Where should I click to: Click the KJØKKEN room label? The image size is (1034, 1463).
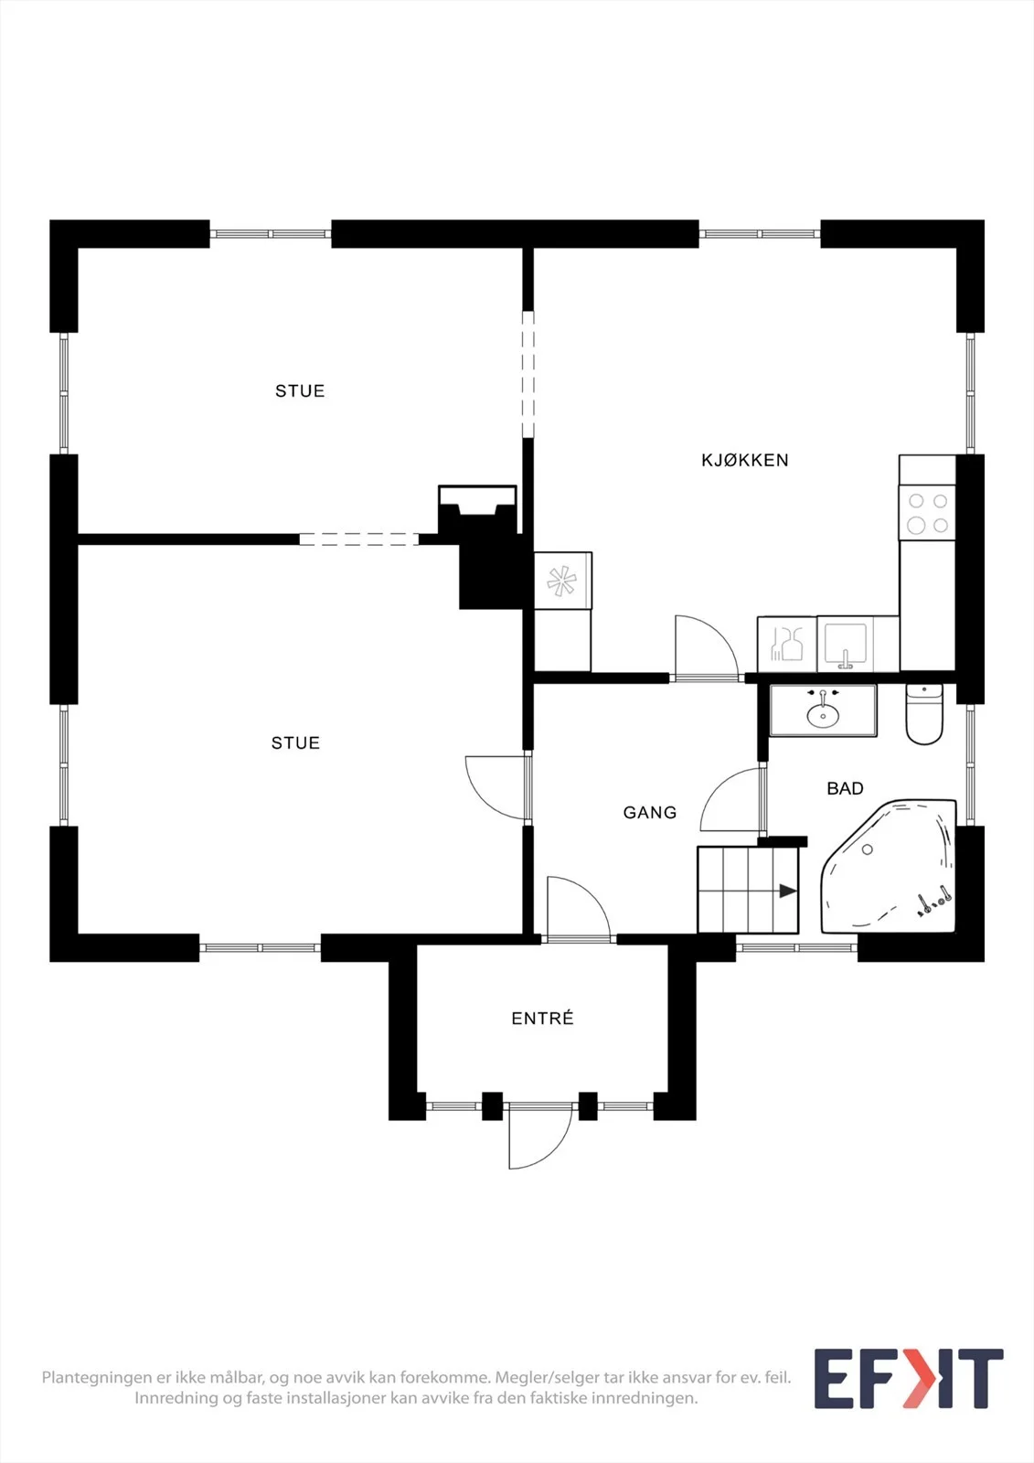(x=744, y=460)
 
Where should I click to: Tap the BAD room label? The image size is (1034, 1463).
(x=846, y=788)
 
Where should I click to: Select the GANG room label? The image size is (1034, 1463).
(x=649, y=813)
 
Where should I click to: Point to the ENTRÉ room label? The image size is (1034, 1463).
(x=542, y=1019)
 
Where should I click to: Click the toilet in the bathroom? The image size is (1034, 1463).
(x=923, y=714)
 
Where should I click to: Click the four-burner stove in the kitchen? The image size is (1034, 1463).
(x=928, y=513)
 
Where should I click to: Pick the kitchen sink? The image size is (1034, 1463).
(x=846, y=644)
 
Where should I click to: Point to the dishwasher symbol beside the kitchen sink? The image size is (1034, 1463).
(x=786, y=644)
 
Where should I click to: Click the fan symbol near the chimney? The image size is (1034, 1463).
(x=561, y=582)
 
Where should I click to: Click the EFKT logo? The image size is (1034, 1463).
(x=909, y=1378)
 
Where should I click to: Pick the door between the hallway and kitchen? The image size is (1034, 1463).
(x=706, y=648)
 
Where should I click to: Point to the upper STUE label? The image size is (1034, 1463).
(x=300, y=390)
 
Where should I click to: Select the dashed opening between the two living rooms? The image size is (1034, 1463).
(x=359, y=539)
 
